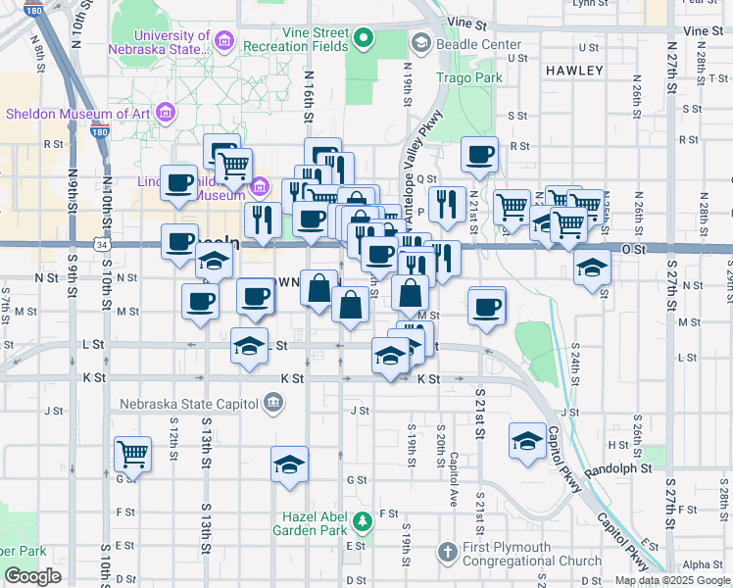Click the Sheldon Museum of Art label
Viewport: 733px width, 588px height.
click(77, 114)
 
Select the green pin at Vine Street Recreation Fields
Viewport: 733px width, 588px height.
click(365, 40)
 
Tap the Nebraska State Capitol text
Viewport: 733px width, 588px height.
click(189, 403)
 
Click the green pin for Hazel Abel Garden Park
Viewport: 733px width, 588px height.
click(363, 518)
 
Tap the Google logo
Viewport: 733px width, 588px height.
click(33, 576)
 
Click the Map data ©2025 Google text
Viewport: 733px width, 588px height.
click(671, 580)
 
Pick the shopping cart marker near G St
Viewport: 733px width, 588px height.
click(132, 454)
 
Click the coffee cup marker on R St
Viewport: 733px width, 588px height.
click(479, 154)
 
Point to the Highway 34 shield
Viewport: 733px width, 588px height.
click(101, 243)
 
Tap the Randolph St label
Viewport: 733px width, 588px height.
click(618, 469)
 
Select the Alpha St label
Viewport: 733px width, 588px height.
click(702, 564)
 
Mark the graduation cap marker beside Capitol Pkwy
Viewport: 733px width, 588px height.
click(527, 441)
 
